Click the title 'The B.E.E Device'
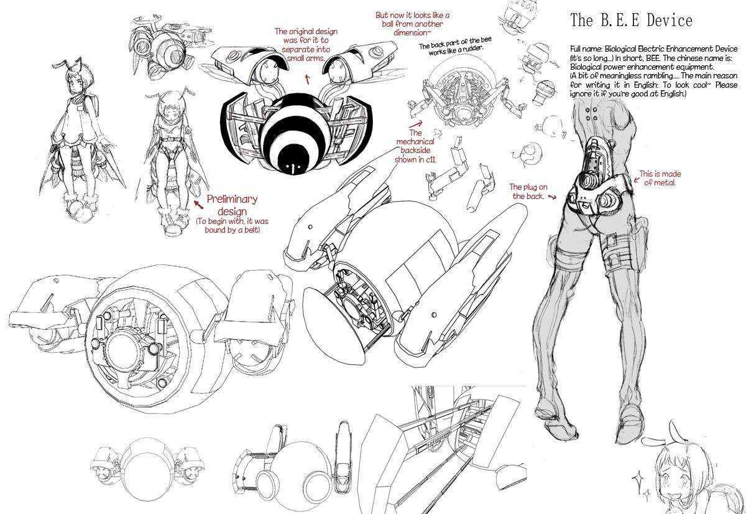(631, 20)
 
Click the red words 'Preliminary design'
(232, 205)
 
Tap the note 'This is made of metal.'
(660, 179)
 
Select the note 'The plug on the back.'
(528, 192)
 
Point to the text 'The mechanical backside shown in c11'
(415, 146)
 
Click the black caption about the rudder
(454, 47)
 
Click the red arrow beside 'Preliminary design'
(199, 204)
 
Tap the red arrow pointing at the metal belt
(636, 179)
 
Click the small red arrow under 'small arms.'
(307, 79)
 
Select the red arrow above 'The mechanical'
(416, 124)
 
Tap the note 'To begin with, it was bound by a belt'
(232, 225)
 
